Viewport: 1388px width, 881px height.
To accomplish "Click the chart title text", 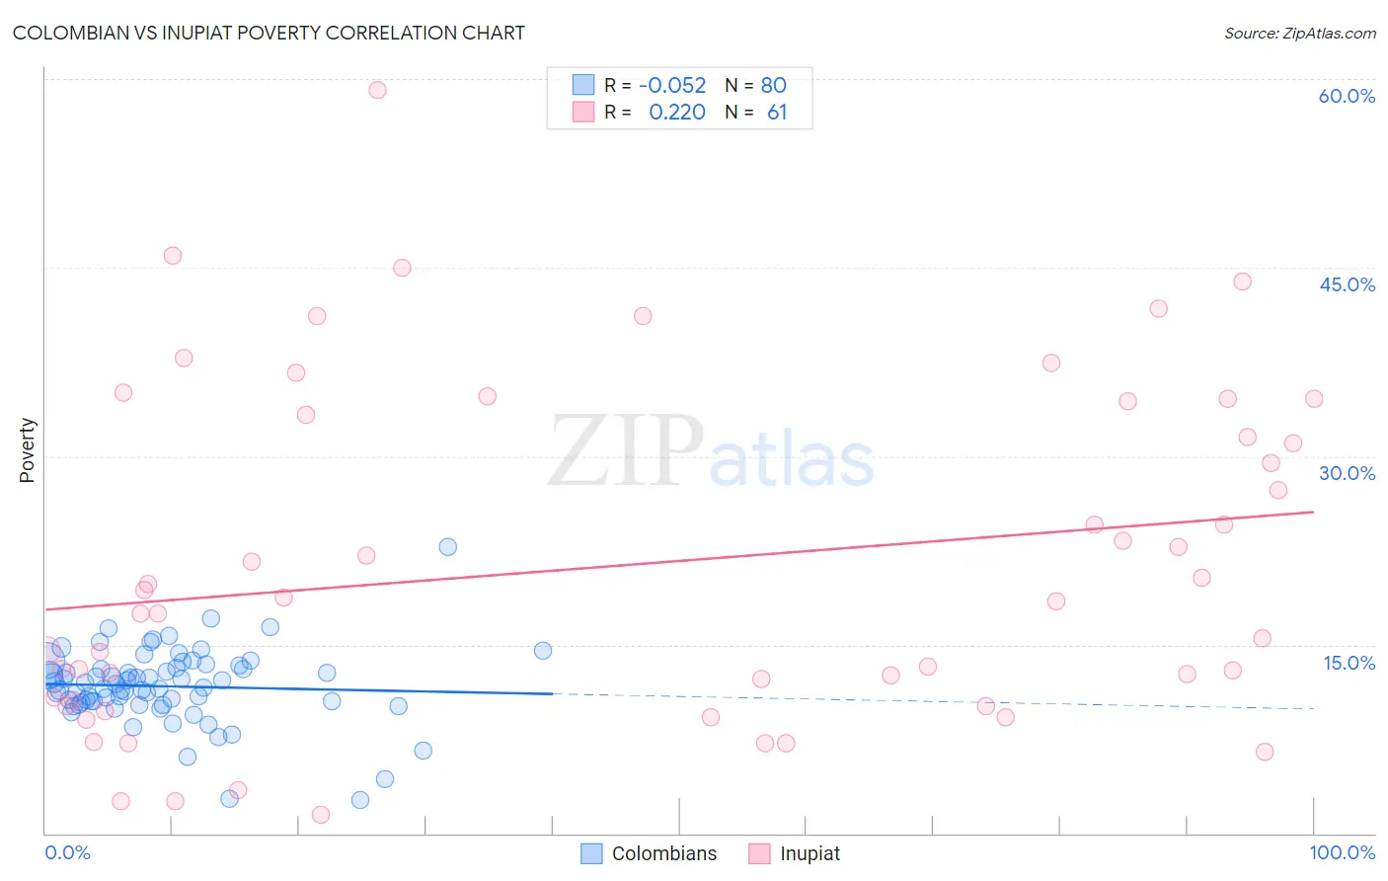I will tap(269, 33).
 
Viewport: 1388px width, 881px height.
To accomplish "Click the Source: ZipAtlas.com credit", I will tap(1299, 33).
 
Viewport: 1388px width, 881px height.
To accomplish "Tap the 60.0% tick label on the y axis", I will tap(1347, 96).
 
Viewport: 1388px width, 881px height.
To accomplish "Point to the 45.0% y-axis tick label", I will tap(1347, 284).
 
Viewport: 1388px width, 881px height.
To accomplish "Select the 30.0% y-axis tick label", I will tap(1347, 473).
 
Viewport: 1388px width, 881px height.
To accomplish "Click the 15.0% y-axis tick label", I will tap(1349, 663).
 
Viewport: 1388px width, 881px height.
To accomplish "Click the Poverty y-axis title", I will tap(27, 450).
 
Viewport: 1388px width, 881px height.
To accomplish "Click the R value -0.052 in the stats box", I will tap(672, 86).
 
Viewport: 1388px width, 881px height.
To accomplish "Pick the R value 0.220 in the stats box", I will tap(677, 113).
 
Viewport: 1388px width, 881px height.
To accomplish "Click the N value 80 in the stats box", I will tap(773, 86).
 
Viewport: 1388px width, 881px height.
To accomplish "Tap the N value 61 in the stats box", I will tap(777, 113).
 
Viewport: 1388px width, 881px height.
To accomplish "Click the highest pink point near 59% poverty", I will tap(377, 90).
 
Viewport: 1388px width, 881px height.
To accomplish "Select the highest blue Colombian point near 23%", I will tap(447, 547).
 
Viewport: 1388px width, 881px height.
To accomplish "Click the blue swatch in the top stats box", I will tap(583, 85).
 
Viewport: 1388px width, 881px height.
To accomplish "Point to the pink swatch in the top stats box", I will tap(583, 112).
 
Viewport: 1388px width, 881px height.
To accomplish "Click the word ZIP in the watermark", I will tap(626, 451).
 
